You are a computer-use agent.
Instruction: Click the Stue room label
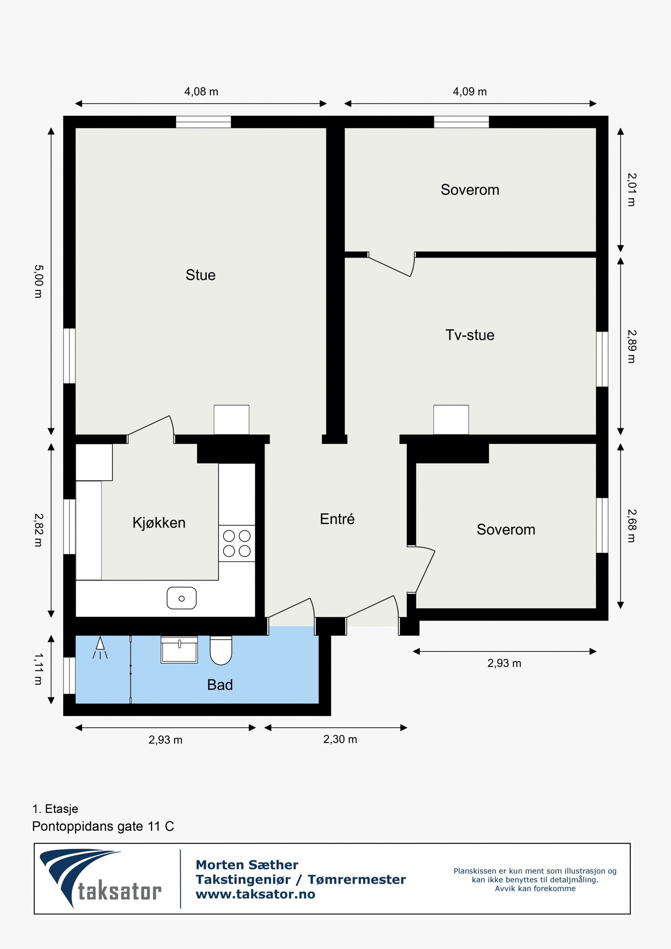point(200,275)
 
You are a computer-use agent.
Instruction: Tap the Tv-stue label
point(470,335)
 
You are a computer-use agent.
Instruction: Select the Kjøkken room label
point(159,523)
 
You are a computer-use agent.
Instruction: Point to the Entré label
point(337,519)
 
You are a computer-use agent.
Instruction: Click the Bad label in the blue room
point(220,685)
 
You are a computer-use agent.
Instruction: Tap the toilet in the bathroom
point(221,650)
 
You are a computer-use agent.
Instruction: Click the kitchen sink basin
point(182,598)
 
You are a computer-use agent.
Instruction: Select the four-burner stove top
point(237,543)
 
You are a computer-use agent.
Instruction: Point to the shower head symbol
point(100,647)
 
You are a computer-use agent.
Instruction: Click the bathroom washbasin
point(179,650)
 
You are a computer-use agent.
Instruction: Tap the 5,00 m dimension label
point(38,281)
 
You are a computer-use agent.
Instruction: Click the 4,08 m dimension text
point(201,91)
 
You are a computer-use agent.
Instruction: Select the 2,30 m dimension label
point(340,739)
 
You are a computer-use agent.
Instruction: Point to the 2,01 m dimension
point(632,190)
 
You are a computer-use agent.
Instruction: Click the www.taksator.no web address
point(255,894)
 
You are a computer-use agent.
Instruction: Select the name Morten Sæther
point(247,865)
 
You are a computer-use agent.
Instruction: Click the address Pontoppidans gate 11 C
point(103,826)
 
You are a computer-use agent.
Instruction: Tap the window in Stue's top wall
point(203,122)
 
